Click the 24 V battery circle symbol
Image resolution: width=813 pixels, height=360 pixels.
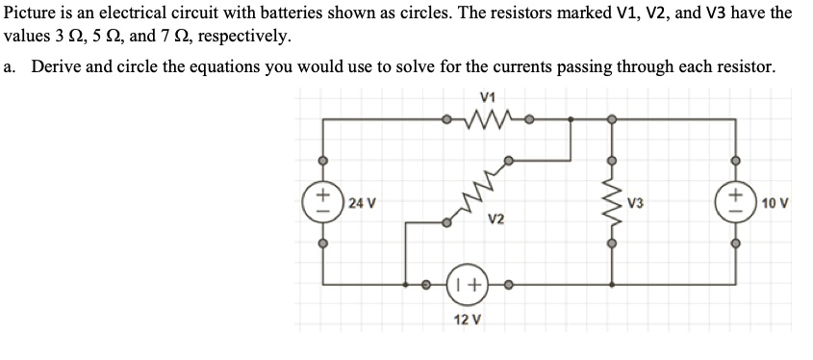[x=323, y=203]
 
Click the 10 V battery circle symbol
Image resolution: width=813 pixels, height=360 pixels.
[x=736, y=203]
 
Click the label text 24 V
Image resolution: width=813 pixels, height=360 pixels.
[x=362, y=203]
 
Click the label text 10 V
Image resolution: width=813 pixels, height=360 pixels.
[x=775, y=203]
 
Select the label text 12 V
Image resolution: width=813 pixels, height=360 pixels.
[x=468, y=319]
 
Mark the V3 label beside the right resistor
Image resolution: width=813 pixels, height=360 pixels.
[x=635, y=203]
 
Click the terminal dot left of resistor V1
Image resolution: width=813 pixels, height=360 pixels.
[x=445, y=121]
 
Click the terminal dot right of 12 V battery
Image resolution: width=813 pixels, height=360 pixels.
[x=509, y=285]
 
